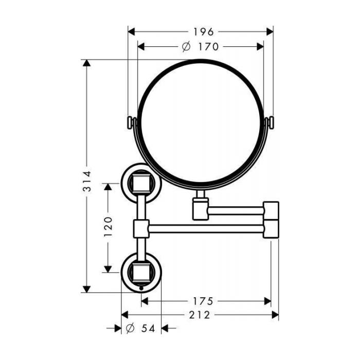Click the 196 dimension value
[x=204, y=32]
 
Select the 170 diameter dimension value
[x=208, y=47]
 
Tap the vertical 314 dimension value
[x=87, y=182]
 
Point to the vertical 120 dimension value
[x=108, y=227]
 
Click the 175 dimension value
[x=203, y=301]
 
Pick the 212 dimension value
[x=200, y=315]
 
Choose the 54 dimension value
[x=148, y=329]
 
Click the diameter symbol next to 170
[x=186, y=47]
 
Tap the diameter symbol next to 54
[x=130, y=329]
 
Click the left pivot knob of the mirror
[x=131, y=123]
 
